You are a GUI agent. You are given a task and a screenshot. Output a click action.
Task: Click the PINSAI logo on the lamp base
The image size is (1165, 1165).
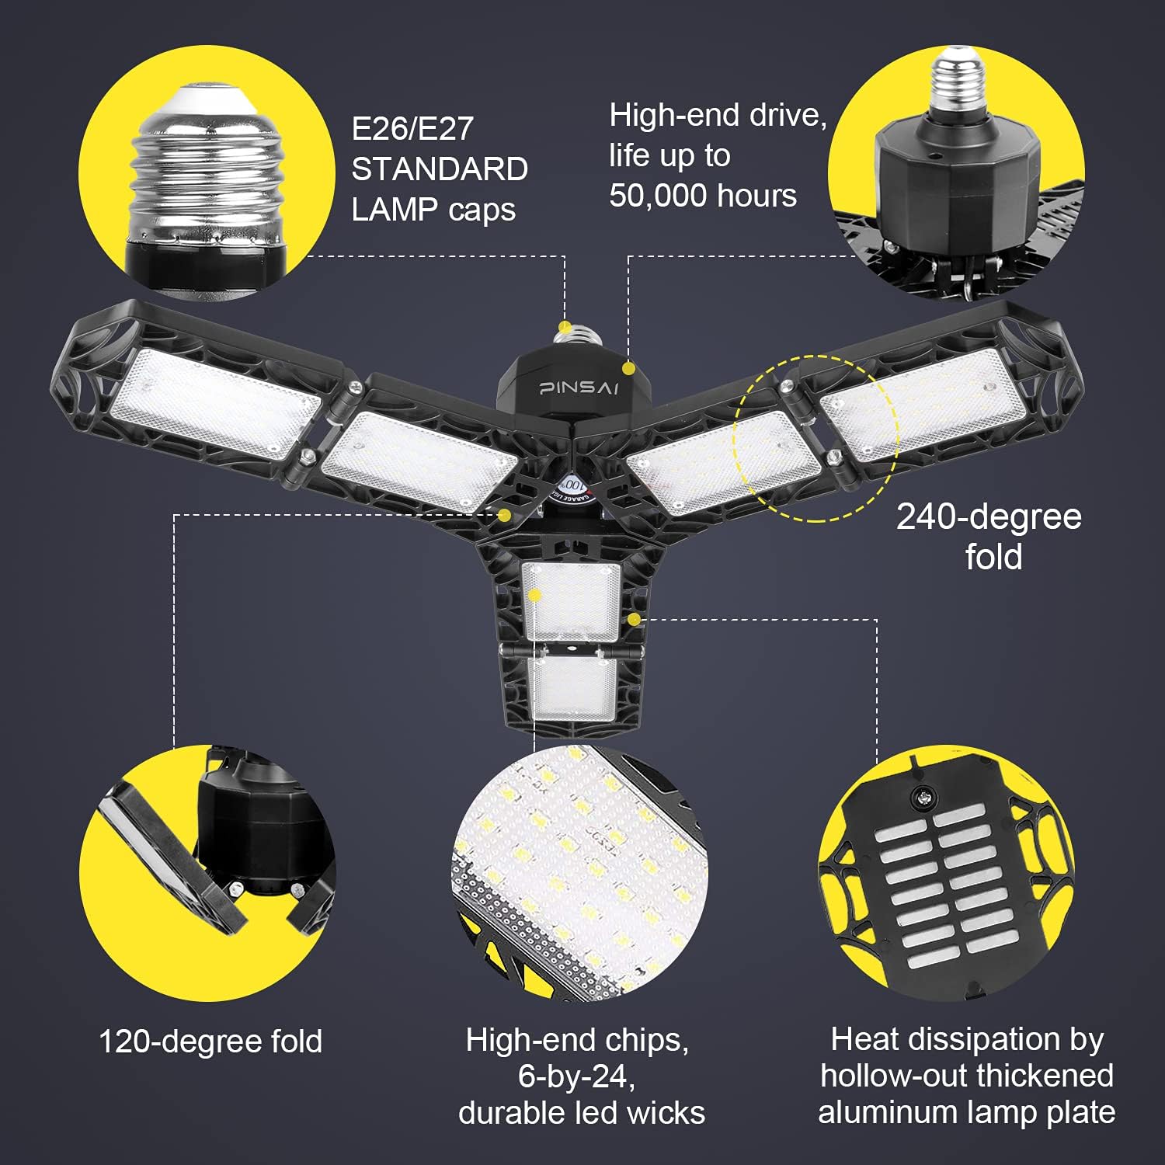pos(579,387)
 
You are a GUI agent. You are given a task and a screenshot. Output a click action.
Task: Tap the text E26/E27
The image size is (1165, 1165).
pos(412,129)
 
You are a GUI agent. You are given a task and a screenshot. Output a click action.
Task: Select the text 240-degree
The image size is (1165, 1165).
pos(988,517)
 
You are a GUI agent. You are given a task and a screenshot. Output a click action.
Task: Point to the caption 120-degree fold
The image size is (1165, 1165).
pos(210,1042)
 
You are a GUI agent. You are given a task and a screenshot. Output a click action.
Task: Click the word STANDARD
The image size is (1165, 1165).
pos(440,169)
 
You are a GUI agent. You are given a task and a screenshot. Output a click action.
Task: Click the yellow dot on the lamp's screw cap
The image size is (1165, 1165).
pos(566,327)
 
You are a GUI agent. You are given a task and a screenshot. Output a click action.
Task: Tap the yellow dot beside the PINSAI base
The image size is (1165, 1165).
pos(629,367)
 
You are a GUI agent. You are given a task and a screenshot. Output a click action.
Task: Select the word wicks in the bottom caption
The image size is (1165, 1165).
pos(667,1112)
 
